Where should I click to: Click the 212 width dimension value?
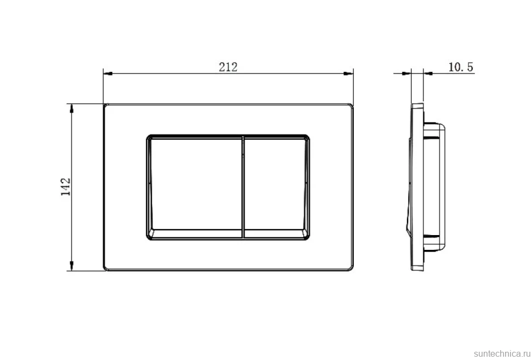click(x=228, y=67)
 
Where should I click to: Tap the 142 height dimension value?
click(x=65, y=187)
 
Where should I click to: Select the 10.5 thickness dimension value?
click(x=461, y=67)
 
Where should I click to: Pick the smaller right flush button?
click(x=276, y=187)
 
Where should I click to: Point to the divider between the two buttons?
click(x=244, y=187)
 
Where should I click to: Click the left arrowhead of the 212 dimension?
click(x=108, y=73)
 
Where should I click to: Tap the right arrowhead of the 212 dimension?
click(x=348, y=73)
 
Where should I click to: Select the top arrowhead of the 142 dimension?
click(x=71, y=108)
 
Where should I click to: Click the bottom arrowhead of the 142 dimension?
click(x=71, y=266)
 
